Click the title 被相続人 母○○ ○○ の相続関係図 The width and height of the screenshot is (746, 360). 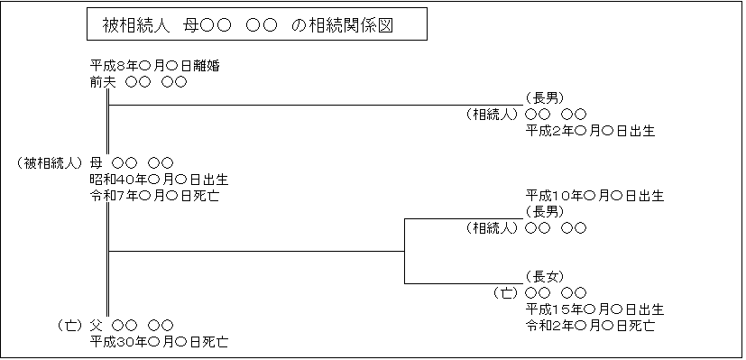[x=255, y=26]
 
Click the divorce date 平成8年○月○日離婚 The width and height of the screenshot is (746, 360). [x=155, y=65]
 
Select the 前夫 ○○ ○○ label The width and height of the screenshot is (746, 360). [x=138, y=82]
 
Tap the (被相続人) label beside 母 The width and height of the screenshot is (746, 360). [x=51, y=163]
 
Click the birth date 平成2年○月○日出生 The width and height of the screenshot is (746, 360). [x=590, y=131]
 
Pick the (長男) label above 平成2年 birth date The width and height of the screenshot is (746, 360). [x=544, y=97]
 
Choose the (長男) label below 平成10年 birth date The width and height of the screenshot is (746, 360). [x=544, y=211]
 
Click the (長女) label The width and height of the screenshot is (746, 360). [x=544, y=276]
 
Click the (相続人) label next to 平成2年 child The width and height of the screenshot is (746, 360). [x=493, y=115]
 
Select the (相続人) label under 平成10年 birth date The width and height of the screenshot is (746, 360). [x=493, y=228]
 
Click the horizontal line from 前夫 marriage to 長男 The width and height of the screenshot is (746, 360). [x=316, y=106]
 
